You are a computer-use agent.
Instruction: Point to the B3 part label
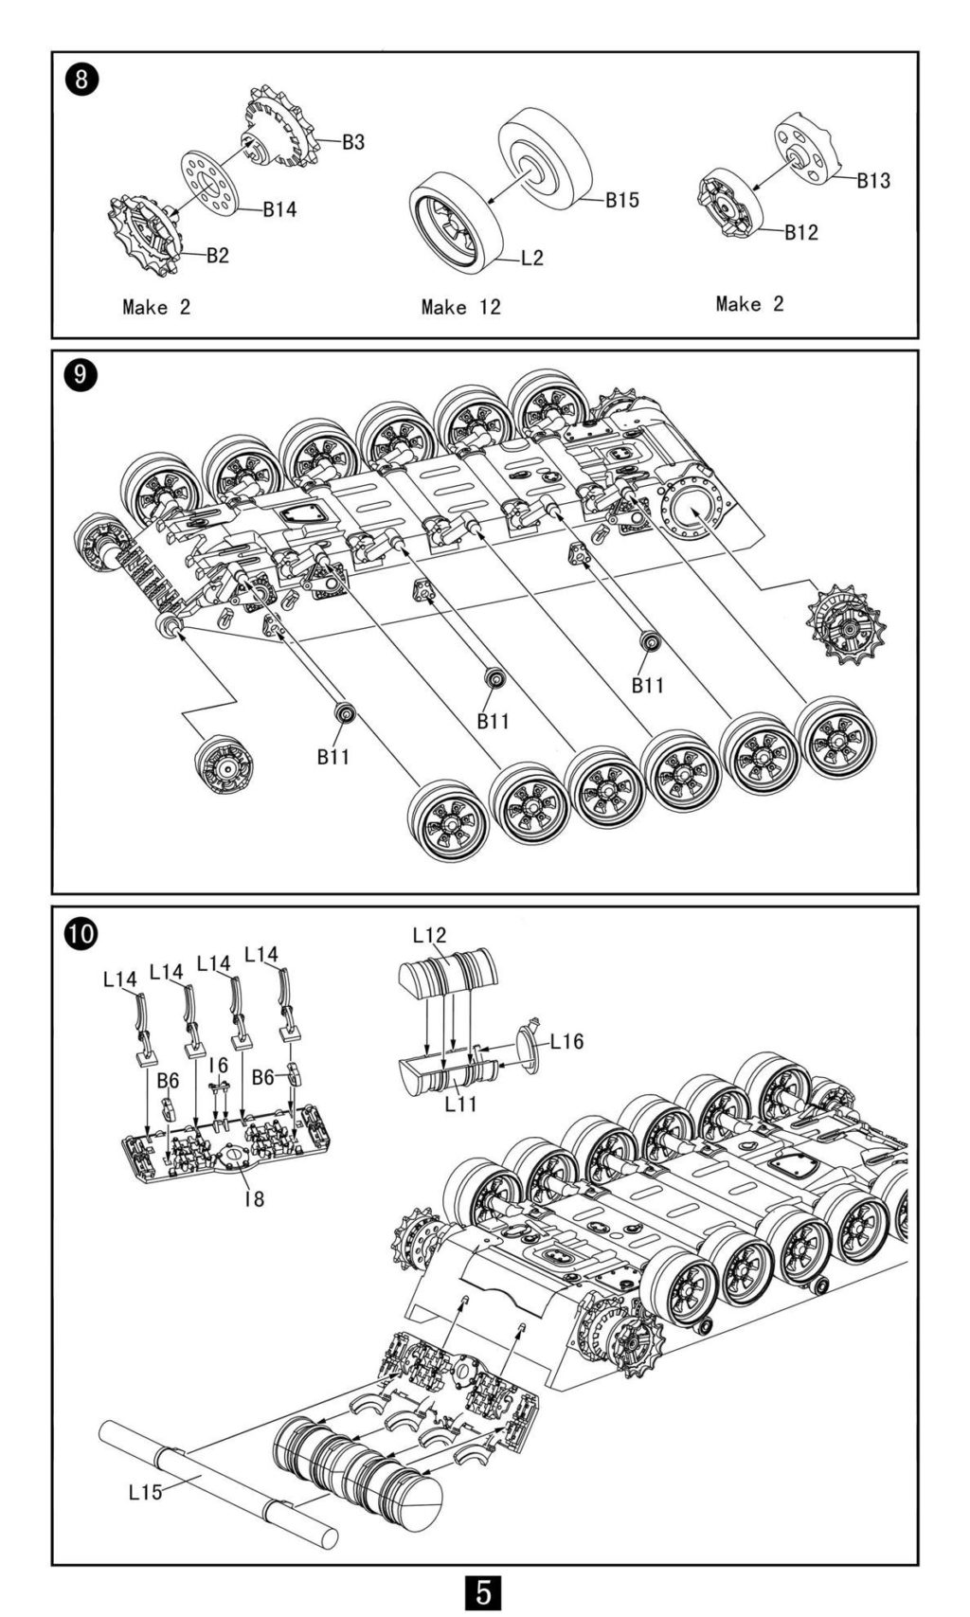click(353, 142)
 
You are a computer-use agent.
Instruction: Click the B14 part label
click(279, 209)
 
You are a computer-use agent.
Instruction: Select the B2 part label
click(217, 255)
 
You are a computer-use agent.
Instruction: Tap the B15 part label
click(622, 200)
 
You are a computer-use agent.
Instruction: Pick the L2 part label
click(532, 258)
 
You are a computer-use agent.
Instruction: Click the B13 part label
click(873, 180)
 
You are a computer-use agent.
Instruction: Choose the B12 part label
click(800, 232)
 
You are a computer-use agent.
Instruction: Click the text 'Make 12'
click(460, 307)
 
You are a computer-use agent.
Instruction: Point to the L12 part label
click(429, 935)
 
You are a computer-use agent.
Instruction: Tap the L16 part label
click(566, 1042)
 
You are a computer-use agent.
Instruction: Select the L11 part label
click(461, 1104)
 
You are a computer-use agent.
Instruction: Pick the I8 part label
click(253, 1198)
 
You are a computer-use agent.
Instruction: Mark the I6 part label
click(219, 1066)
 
